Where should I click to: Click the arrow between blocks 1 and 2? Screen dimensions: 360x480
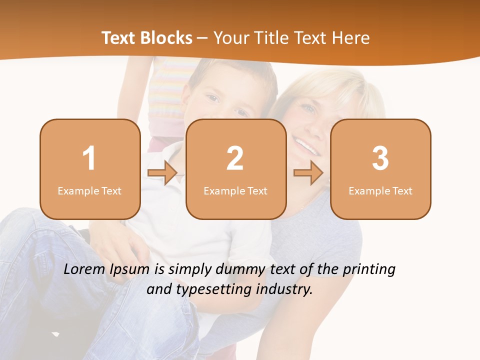click(x=162, y=173)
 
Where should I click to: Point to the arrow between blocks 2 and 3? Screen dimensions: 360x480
click(x=308, y=173)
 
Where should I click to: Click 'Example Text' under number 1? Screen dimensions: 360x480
click(x=89, y=190)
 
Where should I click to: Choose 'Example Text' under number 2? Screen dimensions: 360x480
click(x=235, y=190)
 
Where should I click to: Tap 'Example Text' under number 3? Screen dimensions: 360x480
click(x=380, y=190)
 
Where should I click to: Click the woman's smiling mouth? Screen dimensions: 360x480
click(x=305, y=146)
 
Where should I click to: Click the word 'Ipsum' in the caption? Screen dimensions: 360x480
click(x=129, y=270)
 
